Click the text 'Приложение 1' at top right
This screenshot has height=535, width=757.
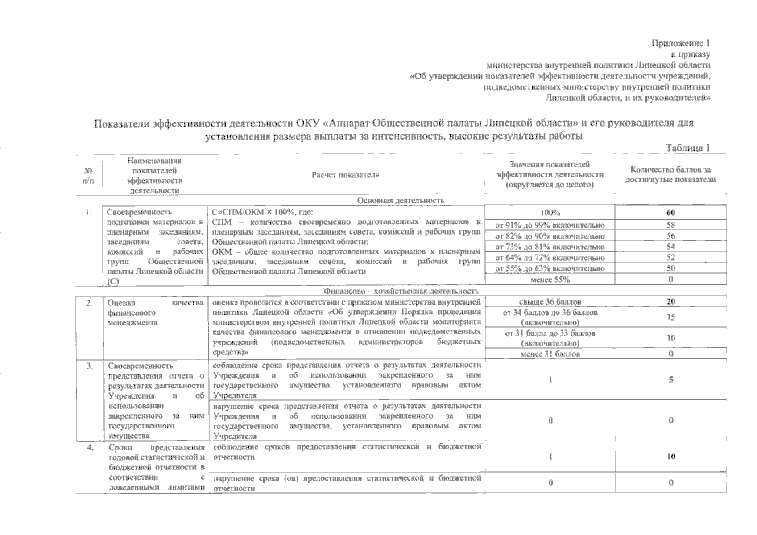click(x=680, y=43)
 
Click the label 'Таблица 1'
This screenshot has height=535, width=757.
click(x=687, y=148)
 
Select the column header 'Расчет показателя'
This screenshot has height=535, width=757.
click(x=345, y=175)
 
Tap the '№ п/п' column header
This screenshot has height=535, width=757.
click(x=88, y=175)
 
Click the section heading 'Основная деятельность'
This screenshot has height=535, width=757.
click(x=400, y=200)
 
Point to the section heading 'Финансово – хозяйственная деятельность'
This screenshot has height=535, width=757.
click(x=401, y=291)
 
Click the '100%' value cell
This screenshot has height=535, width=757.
click(x=550, y=213)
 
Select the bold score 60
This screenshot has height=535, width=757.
click(x=670, y=213)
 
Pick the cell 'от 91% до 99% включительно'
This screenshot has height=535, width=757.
click(x=550, y=225)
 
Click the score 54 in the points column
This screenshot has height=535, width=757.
click(x=670, y=247)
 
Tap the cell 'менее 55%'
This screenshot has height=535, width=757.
click(x=550, y=280)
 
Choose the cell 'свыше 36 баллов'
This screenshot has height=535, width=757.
click(x=550, y=302)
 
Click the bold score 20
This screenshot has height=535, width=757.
click(x=670, y=302)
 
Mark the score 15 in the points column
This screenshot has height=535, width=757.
click(x=670, y=317)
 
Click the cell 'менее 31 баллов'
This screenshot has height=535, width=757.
click(x=550, y=354)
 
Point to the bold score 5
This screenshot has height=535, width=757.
click(x=670, y=380)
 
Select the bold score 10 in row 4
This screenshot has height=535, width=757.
click(x=670, y=457)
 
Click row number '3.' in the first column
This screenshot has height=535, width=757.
click(x=89, y=366)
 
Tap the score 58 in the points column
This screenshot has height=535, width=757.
click(x=670, y=225)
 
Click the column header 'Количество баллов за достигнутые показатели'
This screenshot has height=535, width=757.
click(x=670, y=175)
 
